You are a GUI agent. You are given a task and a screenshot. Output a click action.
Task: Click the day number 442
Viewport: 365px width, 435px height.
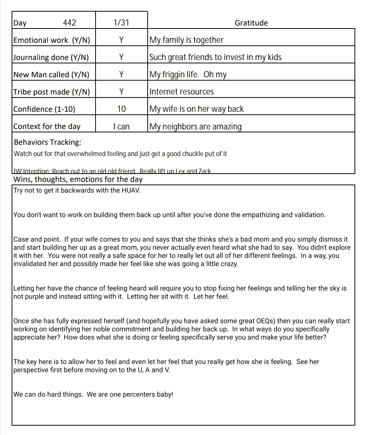(69, 23)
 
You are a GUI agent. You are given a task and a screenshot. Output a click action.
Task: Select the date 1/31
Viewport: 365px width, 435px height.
(121, 23)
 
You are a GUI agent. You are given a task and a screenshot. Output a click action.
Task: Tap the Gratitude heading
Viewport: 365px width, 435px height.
(251, 23)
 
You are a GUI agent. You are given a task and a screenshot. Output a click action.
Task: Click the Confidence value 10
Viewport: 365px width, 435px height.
(121, 109)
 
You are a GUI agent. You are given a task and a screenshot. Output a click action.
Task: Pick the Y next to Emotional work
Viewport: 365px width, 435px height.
(121, 40)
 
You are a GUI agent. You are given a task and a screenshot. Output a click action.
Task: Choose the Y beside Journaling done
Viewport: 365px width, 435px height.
(121, 57)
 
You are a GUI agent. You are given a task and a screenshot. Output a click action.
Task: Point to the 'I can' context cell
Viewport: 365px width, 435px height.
(121, 126)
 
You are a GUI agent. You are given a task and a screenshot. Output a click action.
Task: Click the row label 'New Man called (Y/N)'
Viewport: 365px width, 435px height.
(51, 75)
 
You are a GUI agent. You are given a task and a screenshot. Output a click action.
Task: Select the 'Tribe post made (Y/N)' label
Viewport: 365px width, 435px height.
(52, 92)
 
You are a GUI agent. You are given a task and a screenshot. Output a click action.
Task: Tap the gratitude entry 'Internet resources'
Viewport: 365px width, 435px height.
(181, 92)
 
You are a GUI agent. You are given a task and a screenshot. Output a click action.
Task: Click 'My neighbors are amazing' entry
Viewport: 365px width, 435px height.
(195, 126)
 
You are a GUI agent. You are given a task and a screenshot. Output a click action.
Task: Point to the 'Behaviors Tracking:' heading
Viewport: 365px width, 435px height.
(48, 142)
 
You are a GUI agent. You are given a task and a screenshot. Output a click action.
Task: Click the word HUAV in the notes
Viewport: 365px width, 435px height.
(131, 190)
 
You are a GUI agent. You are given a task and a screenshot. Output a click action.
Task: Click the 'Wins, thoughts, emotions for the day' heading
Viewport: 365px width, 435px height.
(78, 179)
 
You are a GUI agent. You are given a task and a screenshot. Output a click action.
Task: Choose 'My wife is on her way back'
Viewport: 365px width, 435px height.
(196, 109)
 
